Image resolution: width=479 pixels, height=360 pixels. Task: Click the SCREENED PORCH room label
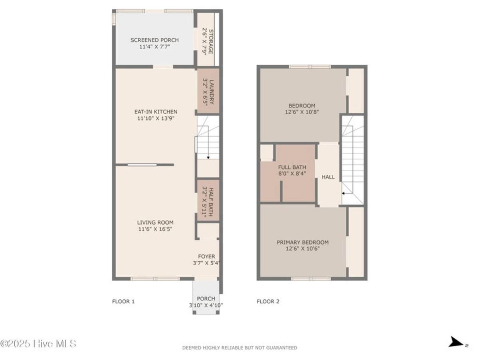(x=154, y=40)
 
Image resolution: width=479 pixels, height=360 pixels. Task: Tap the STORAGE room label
(x=211, y=42)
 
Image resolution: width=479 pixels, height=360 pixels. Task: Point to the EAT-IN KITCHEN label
(x=156, y=111)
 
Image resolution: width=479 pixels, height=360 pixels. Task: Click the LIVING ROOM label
(x=155, y=223)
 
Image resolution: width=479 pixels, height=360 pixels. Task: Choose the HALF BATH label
(x=211, y=202)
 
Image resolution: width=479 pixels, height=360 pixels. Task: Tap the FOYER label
(x=206, y=256)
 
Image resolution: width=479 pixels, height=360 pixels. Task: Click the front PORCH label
(x=206, y=298)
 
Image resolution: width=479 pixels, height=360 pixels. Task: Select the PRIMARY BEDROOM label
(x=303, y=242)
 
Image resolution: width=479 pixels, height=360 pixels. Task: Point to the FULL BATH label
(x=292, y=167)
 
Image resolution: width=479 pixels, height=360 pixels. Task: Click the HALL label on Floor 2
(x=328, y=177)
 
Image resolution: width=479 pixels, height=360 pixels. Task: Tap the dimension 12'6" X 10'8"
(x=302, y=112)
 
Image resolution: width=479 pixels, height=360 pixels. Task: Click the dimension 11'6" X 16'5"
(x=155, y=229)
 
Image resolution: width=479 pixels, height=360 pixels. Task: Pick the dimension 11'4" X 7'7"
(x=154, y=47)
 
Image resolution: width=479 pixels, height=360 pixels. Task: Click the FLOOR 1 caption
(x=123, y=301)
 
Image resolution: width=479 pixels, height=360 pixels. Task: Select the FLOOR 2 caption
(x=268, y=301)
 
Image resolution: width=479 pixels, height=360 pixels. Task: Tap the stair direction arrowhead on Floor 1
(x=208, y=158)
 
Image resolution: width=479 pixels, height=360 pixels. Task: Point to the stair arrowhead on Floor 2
(x=343, y=193)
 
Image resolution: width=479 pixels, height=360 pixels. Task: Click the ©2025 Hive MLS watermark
(x=38, y=344)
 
